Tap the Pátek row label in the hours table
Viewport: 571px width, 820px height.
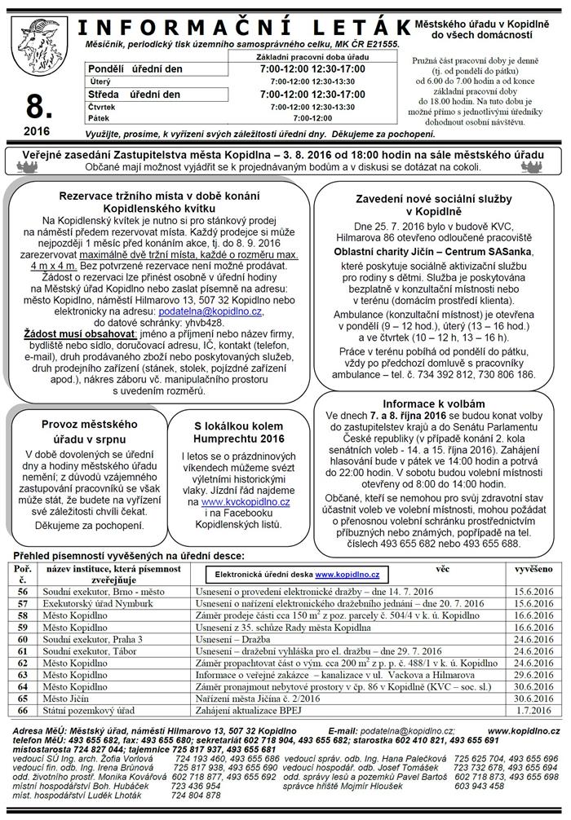[x=101, y=117]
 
